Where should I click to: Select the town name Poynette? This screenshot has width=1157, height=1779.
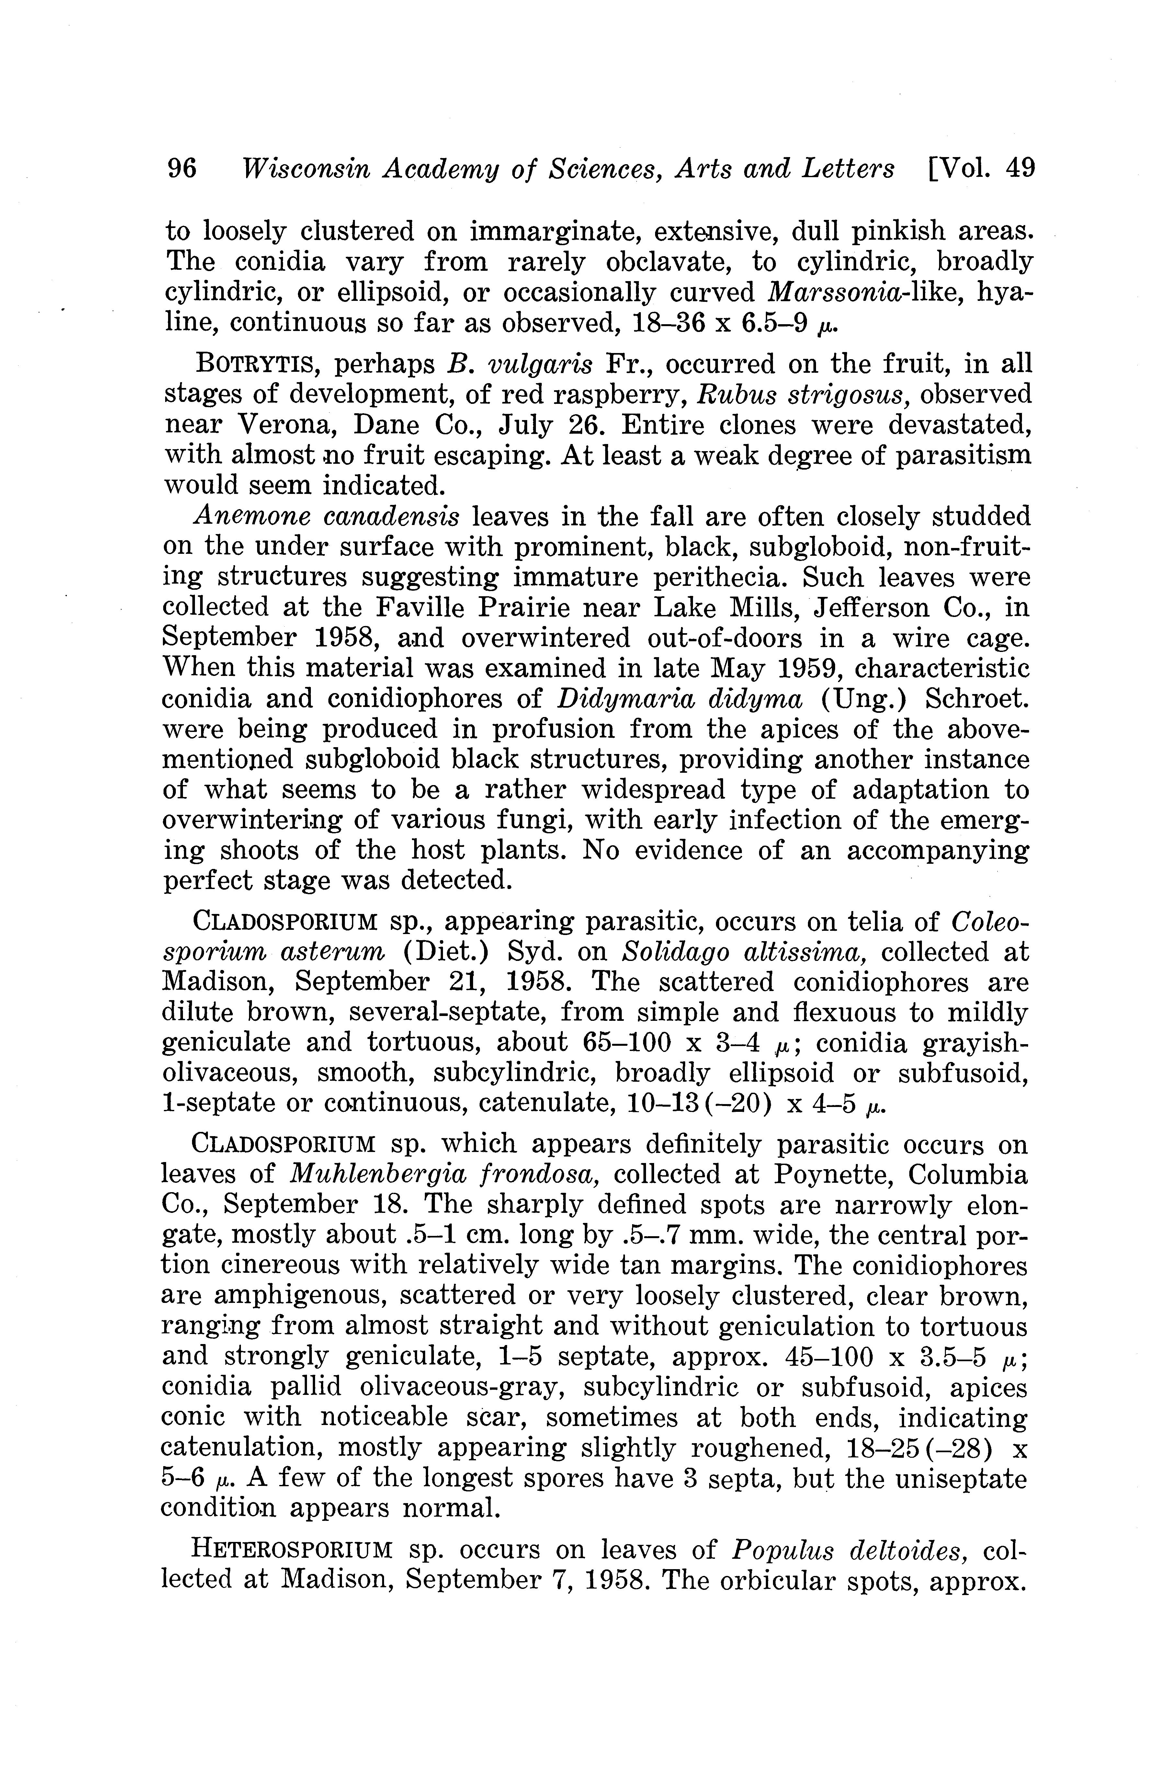[x=830, y=1174]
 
